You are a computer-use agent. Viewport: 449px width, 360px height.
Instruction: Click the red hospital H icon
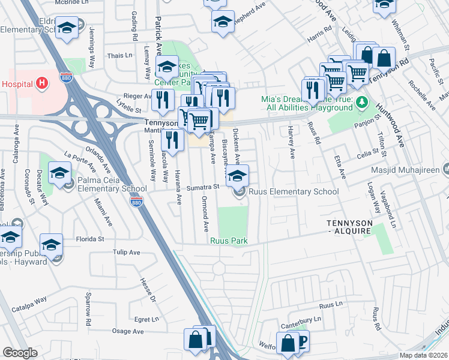point(41,83)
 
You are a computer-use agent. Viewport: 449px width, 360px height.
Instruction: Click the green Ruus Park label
point(229,241)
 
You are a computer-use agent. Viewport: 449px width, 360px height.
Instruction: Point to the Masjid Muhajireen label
point(414,171)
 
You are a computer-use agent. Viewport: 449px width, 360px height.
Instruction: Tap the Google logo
point(20,353)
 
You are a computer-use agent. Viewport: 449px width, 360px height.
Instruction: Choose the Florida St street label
point(91,239)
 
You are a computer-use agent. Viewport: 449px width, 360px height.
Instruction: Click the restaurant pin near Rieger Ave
point(161,100)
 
